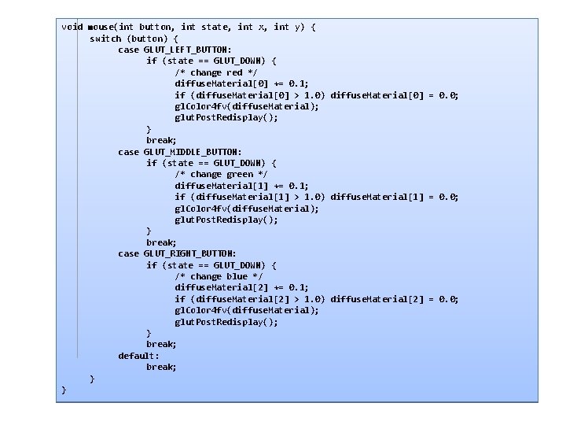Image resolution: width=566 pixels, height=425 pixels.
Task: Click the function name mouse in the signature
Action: tap(101, 27)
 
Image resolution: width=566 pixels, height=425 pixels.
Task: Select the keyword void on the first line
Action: tap(72, 27)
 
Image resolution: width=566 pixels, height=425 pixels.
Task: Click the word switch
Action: tap(106, 38)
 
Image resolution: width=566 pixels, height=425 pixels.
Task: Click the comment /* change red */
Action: tap(215, 72)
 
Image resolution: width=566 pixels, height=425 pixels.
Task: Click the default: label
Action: tap(138, 356)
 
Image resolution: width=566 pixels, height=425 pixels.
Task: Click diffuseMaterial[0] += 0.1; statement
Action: tap(241, 83)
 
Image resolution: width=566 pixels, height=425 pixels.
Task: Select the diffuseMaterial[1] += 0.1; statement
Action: tap(241, 186)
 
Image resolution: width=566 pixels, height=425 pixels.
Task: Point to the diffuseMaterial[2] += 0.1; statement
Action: tap(241, 287)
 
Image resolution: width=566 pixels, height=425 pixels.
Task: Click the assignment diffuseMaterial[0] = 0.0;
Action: tap(395, 95)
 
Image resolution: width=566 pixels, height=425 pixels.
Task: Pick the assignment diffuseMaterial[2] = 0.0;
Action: tap(395, 299)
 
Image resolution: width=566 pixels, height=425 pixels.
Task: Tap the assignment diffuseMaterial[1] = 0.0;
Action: tap(395, 197)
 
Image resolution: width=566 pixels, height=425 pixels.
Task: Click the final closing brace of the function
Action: tap(64, 390)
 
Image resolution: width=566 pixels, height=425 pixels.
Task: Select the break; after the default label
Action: tap(161, 367)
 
